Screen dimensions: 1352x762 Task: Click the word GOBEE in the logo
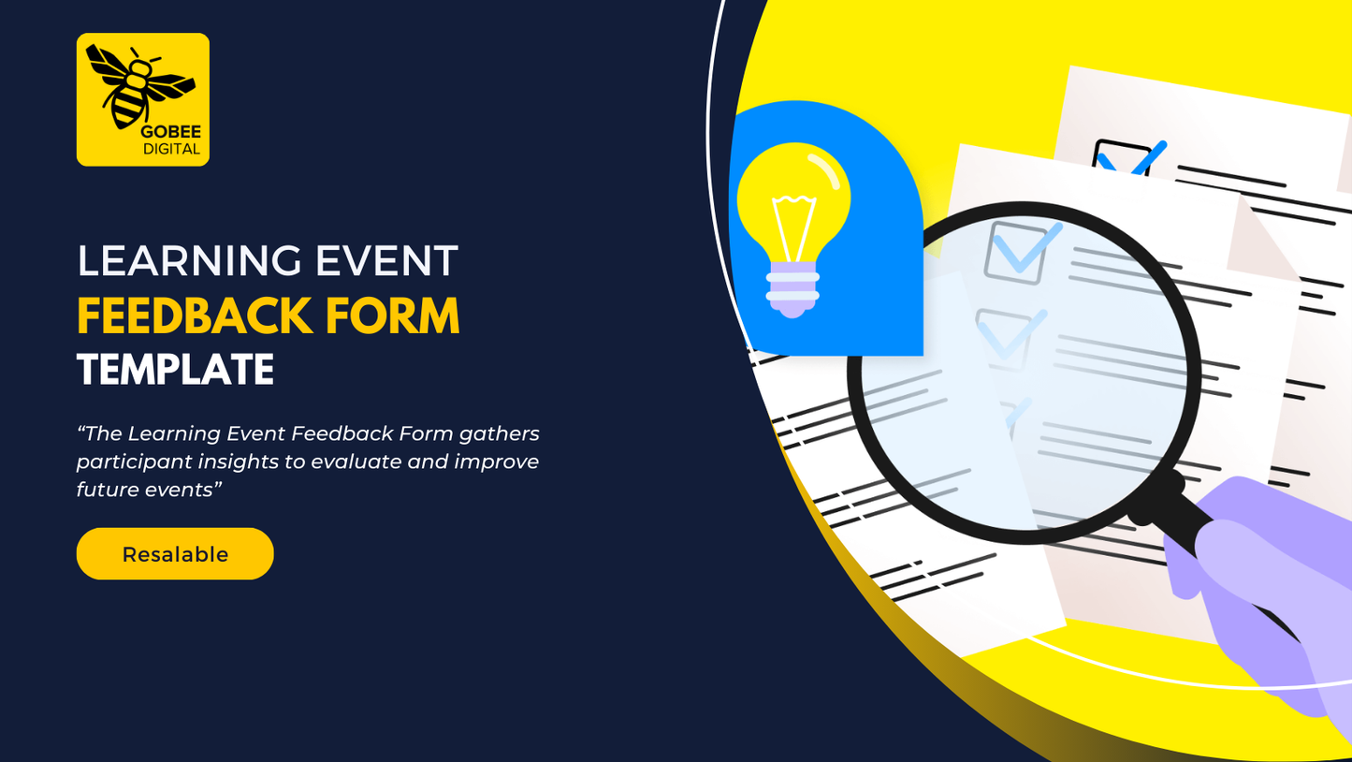pos(171,132)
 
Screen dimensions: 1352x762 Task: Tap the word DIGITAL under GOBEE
pos(171,149)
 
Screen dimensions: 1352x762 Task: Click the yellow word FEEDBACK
pos(195,315)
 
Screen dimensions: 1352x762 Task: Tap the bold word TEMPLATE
pos(176,370)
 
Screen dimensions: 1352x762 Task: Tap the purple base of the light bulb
pos(793,289)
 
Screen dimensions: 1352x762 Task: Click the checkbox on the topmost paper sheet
pos(1122,158)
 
